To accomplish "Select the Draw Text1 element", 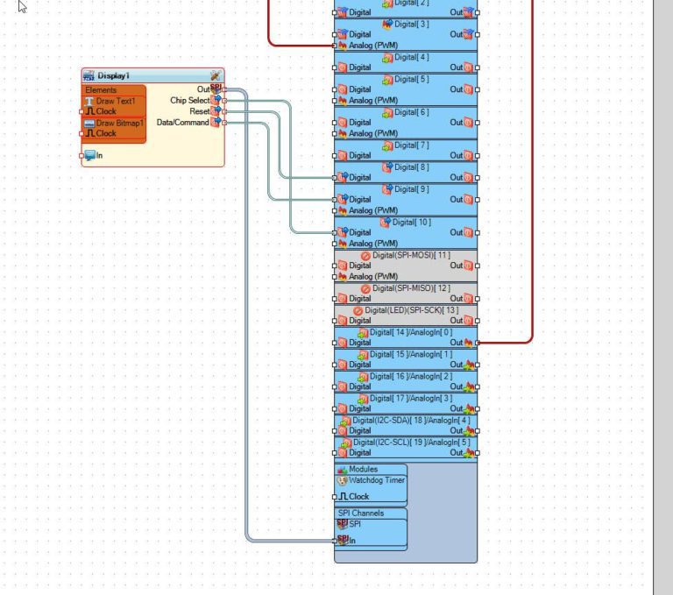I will [115, 102].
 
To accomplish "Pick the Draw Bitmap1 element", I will [119, 124].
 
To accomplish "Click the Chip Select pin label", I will [189, 101].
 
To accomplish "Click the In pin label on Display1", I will [99, 155].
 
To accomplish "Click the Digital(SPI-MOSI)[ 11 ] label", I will [411, 255].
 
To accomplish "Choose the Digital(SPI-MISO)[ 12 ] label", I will [411, 288].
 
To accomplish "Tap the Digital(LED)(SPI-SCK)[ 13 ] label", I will [411, 310].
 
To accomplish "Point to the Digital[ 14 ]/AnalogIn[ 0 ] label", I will [411, 332].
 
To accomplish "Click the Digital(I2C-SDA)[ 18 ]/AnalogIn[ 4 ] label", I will [411, 420].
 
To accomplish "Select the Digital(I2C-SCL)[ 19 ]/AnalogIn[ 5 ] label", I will [411, 442].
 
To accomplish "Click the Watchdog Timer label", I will [377, 480].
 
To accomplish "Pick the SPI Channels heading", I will [360, 513].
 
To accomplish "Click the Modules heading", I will [363, 470].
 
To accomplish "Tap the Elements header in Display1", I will [101, 90].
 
